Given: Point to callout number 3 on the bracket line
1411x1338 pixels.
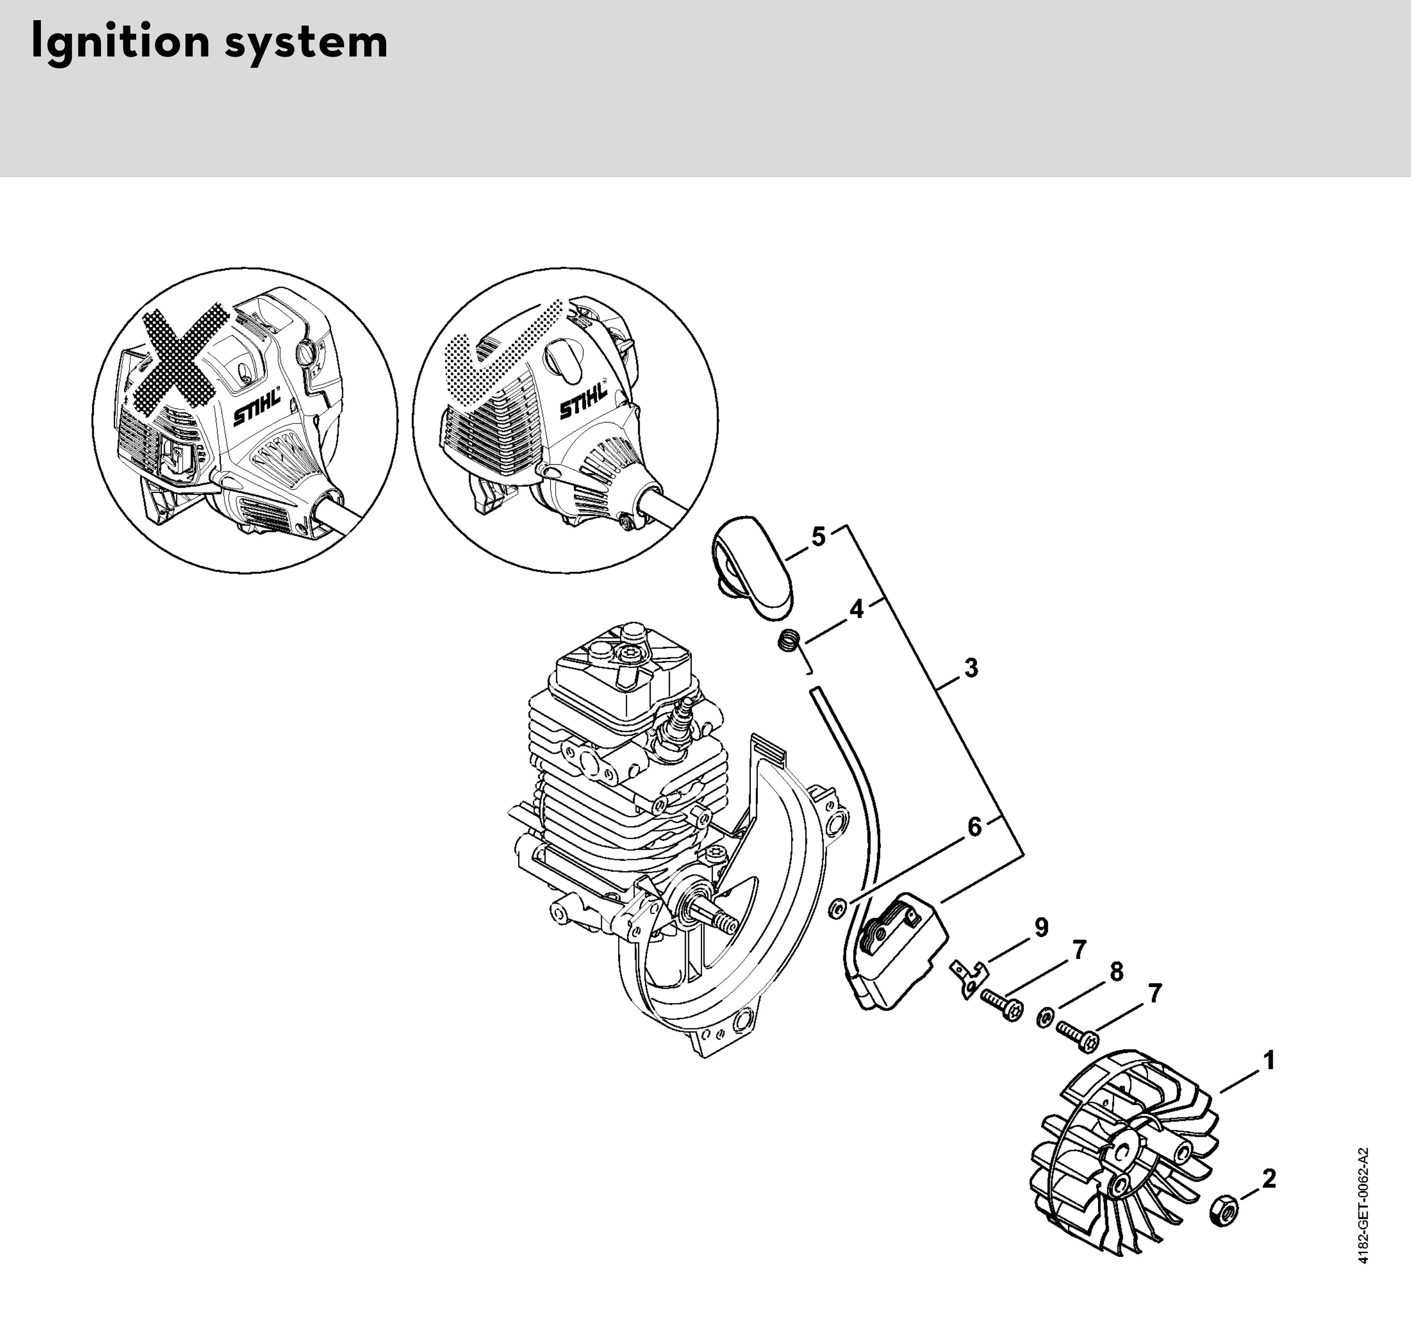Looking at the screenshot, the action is pyautogui.click(x=971, y=669).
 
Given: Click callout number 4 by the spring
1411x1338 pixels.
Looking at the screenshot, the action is pyautogui.click(x=856, y=608).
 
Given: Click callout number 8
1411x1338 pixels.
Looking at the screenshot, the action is pyautogui.click(x=1116, y=971).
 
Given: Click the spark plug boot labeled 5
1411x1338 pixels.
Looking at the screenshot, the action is pyautogui.click(x=752, y=567).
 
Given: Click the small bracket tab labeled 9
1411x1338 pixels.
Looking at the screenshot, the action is pyautogui.click(x=969, y=978).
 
